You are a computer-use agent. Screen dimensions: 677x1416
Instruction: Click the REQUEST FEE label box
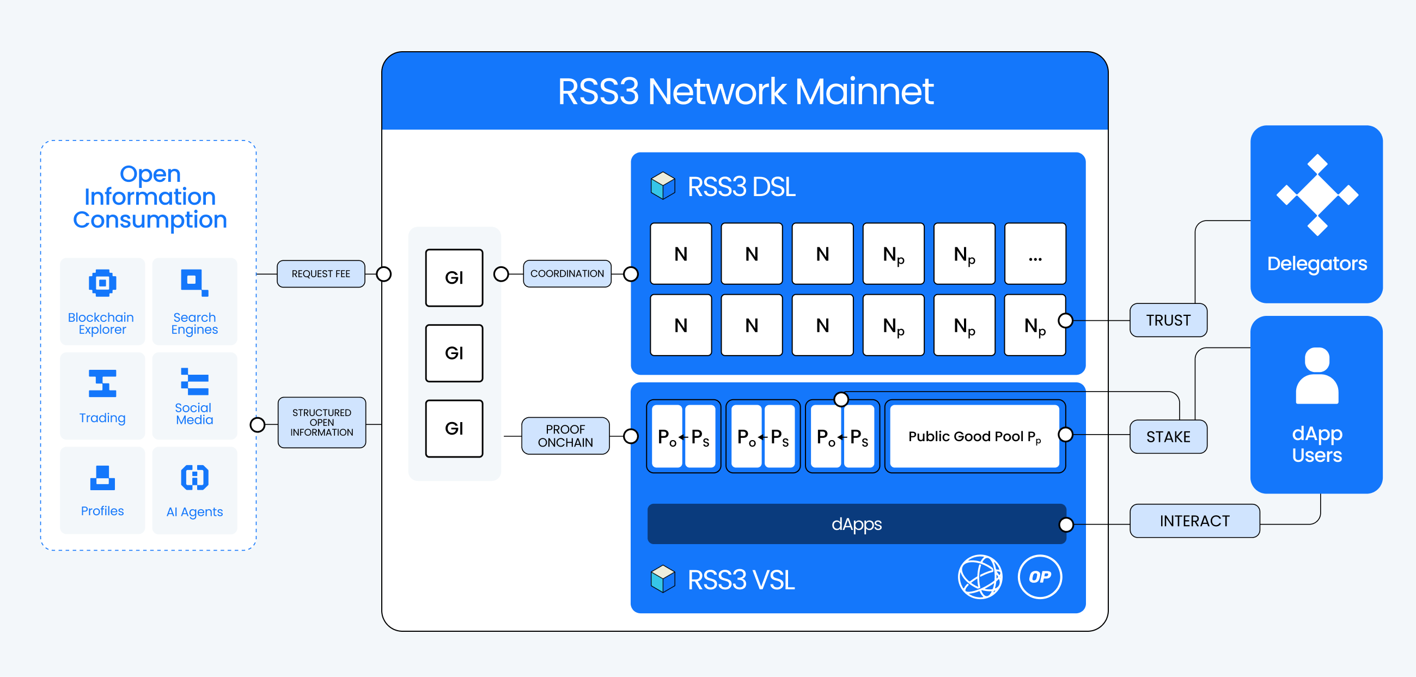click(320, 273)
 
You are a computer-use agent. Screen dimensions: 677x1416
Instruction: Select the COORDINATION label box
click(567, 273)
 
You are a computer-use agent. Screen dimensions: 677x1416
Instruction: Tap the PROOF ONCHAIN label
click(565, 436)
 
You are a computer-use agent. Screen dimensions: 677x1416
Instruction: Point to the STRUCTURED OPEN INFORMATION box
click(321, 423)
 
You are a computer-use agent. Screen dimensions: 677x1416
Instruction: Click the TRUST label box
click(1168, 320)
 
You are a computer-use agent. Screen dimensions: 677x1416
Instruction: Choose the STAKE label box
click(1168, 437)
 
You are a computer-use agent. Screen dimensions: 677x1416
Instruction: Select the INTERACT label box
click(1194, 521)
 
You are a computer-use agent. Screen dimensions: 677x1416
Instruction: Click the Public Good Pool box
click(974, 436)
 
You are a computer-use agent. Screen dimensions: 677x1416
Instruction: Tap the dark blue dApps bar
click(857, 524)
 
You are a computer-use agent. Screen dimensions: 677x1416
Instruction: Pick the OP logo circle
click(1040, 577)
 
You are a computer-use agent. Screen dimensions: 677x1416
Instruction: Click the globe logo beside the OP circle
click(980, 577)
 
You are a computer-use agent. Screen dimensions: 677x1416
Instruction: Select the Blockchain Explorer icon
click(102, 283)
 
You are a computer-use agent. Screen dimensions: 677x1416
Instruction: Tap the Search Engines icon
click(194, 283)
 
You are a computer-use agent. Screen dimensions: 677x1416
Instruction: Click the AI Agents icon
click(194, 478)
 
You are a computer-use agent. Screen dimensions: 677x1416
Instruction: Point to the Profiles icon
click(102, 478)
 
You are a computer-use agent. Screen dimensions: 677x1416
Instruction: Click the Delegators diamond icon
click(1317, 195)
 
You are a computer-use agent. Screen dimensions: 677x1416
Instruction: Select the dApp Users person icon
click(1317, 376)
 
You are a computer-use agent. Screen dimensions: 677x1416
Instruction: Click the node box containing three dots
click(1035, 254)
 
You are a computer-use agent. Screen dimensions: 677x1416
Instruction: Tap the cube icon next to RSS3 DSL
click(663, 186)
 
